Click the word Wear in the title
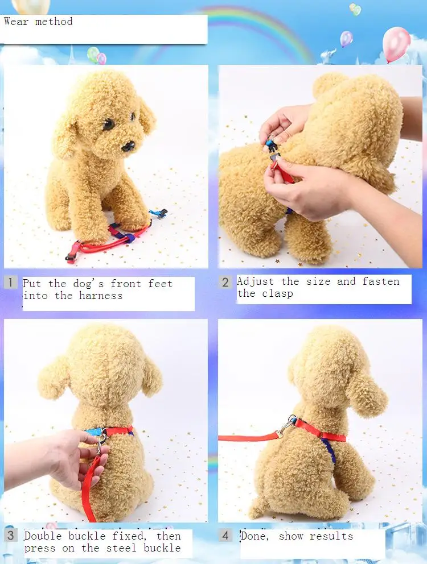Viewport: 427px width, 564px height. (16, 21)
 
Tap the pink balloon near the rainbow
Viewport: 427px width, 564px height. (396, 44)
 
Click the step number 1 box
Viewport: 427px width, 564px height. (10, 283)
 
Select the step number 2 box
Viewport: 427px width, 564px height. (225, 282)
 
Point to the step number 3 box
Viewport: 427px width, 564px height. (10, 535)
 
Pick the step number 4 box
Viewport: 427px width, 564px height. (225, 536)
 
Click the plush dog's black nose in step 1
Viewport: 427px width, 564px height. (128, 146)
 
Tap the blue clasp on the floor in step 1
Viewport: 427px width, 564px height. (158, 213)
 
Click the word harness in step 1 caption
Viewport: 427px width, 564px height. (101, 296)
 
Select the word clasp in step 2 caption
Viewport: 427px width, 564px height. (277, 293)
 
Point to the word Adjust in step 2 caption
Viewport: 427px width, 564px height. (255, 281)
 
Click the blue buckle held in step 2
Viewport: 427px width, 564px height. (272, 145)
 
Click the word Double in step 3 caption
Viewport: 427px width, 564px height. (43, 536)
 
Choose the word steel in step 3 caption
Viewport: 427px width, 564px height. (121, 548)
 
